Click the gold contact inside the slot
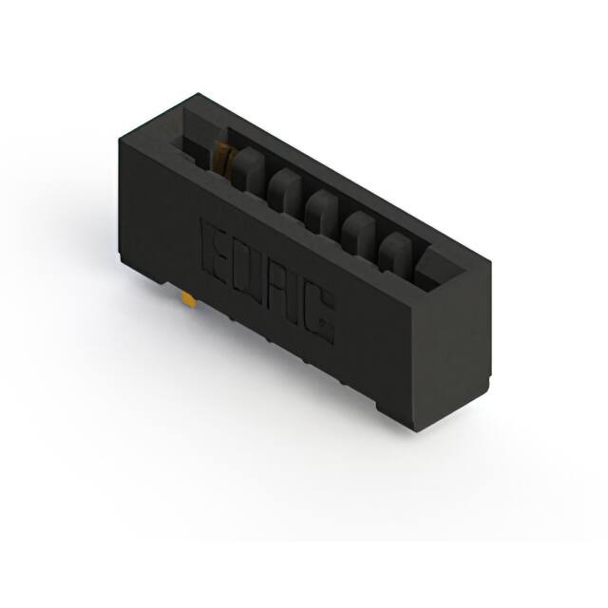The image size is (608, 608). pos(222,159)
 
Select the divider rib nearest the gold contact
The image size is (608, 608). pos(249,168)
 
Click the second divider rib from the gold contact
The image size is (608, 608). pos(286,189)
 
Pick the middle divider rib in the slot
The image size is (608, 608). pos(323,210)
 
